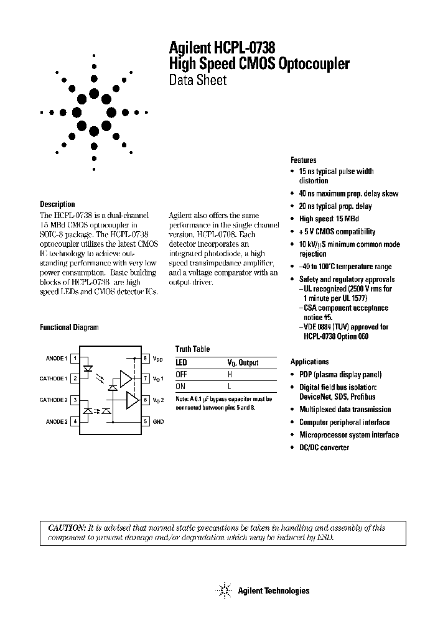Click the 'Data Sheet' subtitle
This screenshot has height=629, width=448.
[x=197, y=80]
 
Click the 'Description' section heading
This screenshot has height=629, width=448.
[x=57, y=204]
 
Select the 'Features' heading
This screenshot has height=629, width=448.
[x=303, y=160]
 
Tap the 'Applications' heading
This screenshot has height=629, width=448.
[x=309, y=361]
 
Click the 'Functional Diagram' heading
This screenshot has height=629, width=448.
[x=69, y=327]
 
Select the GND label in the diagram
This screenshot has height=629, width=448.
[x=159, y=421]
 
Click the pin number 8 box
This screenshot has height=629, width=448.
[x=145, y=358]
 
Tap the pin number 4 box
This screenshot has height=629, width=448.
[x=75, y=421]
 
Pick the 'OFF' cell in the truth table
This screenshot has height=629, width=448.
[x=181, y=374]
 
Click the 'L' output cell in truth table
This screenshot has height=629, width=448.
[x=229, y=386]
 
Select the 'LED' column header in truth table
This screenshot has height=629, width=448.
[x=181, y=362]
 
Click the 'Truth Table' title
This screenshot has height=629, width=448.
[x=192, y=349]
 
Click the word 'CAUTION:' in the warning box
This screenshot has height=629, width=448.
[x=67, y=528]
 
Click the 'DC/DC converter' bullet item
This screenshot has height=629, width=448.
[x=324, y=448]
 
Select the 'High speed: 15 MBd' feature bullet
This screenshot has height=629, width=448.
[x=329, y=219]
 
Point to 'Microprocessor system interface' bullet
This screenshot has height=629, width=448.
[x=349, y=435]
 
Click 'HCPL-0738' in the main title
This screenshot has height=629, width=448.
[x=245, y=47]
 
